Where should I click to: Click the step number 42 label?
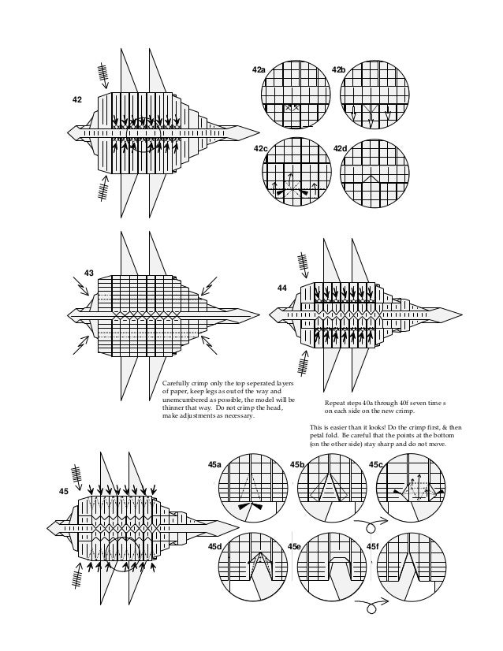[76, 100]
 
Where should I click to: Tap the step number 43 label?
[89, 273]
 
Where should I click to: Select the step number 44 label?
[281, 288]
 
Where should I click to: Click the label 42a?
[259, 70]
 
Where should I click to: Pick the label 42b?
[338, 70]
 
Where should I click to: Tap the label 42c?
[260, 148]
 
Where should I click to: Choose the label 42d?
[341, 148]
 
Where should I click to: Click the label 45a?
[214, 465]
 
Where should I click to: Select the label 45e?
[294, 545]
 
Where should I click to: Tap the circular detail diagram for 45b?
[330, 489]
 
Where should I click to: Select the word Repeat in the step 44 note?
[337, 404]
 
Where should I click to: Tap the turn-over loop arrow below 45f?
[368, 606]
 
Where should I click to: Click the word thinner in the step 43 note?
[176, 408]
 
